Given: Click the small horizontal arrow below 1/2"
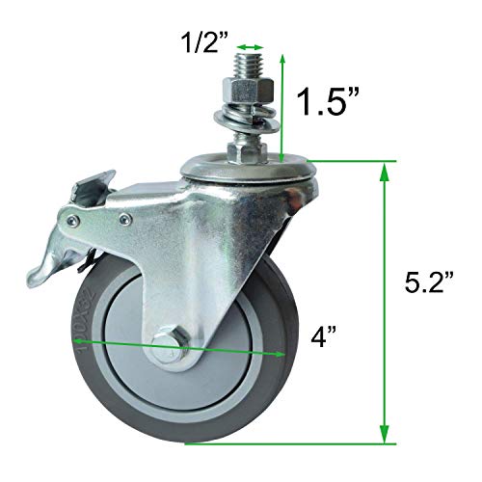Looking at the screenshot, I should pos(252,45).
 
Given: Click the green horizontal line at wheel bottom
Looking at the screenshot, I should pos(289,443).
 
